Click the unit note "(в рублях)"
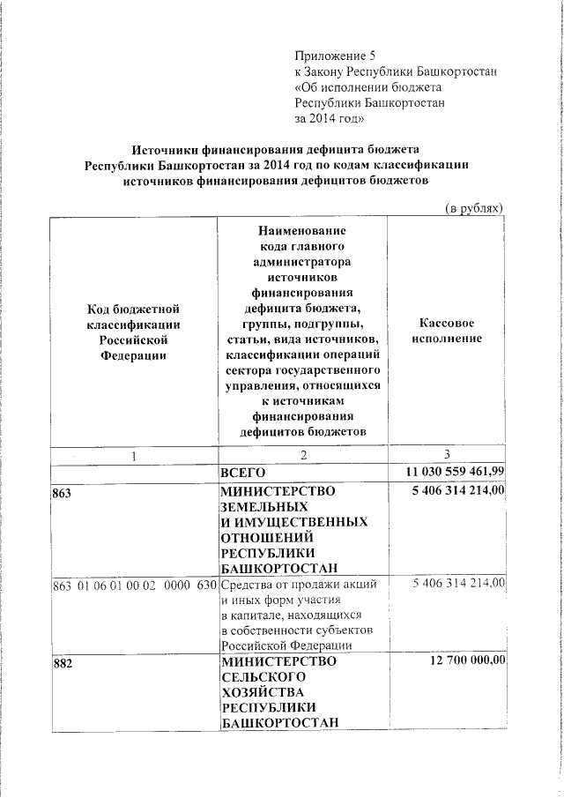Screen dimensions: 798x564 pos(472,208)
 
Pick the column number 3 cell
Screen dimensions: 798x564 pos(448,455)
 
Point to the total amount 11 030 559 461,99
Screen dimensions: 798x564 pos(448,472)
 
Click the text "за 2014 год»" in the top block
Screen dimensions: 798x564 pos(329,119)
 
